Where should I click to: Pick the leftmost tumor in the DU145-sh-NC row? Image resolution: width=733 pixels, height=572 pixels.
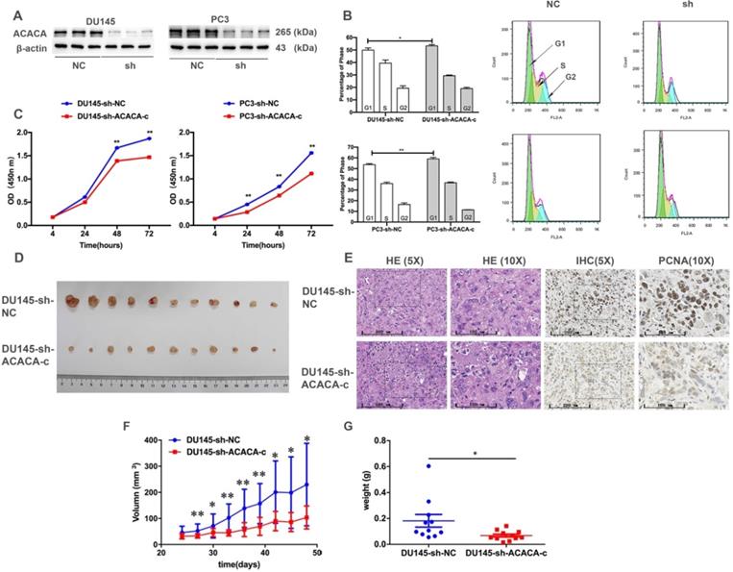point(72,302)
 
